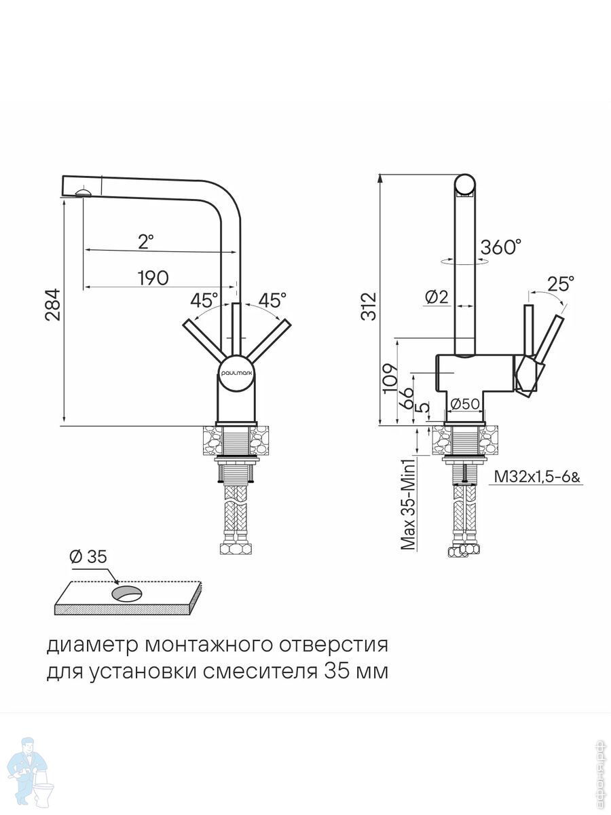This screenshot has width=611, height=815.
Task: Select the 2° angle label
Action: (x=146, y=240)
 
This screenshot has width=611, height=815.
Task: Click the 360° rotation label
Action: (x=501, y=248)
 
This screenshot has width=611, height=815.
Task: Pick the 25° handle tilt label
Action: (x=560, y=283)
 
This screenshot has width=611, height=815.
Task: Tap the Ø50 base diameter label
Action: (x=466, y=403)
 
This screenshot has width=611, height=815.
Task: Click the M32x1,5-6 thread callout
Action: (x=537, y=477)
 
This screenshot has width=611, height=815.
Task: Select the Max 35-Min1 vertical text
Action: (x=408, y=505)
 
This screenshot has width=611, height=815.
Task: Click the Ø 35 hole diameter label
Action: (x=88, y=557)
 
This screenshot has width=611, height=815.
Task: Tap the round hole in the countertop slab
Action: (x=127, y=595)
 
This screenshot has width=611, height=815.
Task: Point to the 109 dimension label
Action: (x=390, y=376)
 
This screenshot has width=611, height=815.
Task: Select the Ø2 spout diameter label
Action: (x=436, y=297)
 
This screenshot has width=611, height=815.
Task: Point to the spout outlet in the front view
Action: (x=84, y=192)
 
